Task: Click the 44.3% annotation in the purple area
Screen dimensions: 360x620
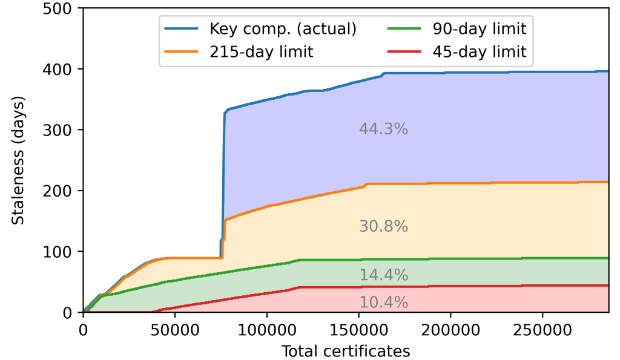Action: click(383, 129)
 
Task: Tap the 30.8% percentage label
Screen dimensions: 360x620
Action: click(383, 227)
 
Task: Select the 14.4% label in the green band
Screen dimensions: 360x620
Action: click(383, 275)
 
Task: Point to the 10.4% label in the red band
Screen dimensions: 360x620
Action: click(383, 302)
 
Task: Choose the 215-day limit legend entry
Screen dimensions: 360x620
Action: click(262, 52)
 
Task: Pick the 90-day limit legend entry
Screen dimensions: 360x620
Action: click(479, 28)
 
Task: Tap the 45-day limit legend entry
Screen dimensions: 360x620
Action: click(479, 52)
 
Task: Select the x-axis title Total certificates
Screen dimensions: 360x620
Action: click(346, 350)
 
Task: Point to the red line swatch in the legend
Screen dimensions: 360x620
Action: click(403, 52)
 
